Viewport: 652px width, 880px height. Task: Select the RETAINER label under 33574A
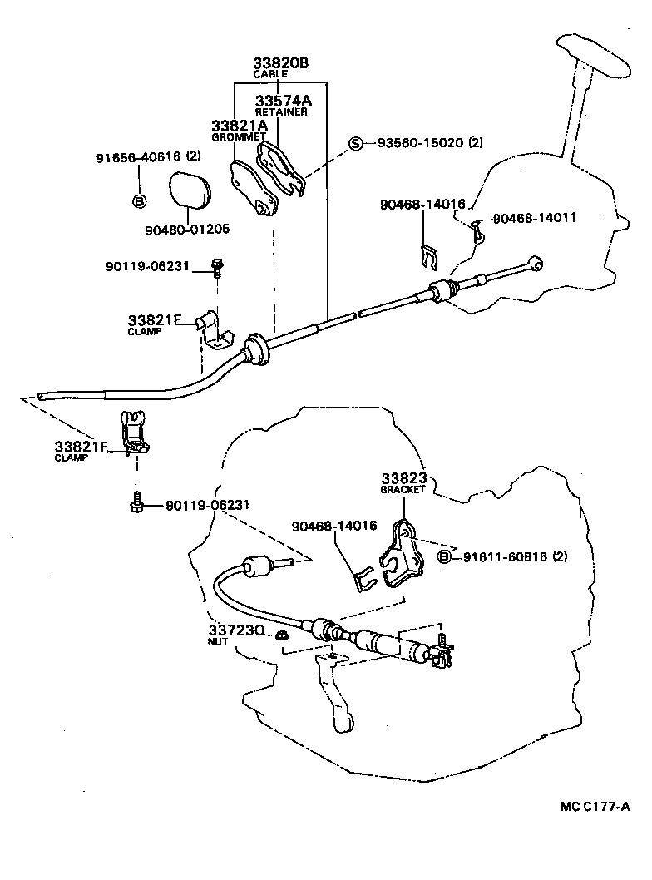point(281,111)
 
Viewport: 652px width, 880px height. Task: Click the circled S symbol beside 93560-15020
point(356,143)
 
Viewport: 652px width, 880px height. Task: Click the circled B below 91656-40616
point(140,200)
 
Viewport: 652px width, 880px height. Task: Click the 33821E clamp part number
point(154,319)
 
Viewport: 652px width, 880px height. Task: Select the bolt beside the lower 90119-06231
point(136,503)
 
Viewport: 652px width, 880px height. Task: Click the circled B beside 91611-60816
point(445,556)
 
